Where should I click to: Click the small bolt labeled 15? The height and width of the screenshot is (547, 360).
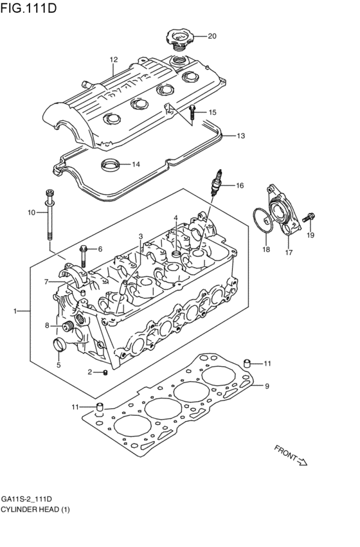[192, 114]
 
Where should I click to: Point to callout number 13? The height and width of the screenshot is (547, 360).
[240, 136]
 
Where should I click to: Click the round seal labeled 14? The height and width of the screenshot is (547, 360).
[111, 165]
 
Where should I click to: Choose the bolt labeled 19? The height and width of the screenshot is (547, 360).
[310, 219]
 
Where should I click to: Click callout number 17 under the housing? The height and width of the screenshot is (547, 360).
[289, 252]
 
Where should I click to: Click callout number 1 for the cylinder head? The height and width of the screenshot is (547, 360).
[14, 311]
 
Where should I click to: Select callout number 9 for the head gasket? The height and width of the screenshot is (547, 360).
[267, 386]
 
